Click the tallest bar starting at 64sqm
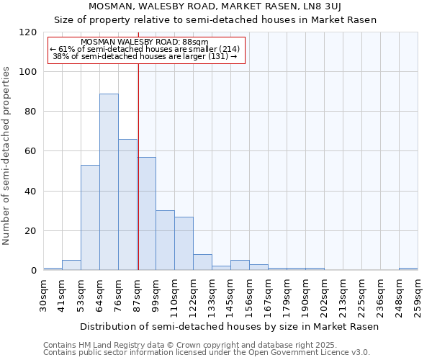point(109,181)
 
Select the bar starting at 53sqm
point(90,217)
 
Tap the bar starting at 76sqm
point(127,204)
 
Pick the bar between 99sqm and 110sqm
point(165,240)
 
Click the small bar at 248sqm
point(408,269)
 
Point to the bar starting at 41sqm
point(71,265)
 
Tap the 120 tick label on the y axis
point(28,32)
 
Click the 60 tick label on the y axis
point(31,151)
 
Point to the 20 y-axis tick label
point(31,231)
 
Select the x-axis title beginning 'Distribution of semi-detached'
point(229,326)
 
